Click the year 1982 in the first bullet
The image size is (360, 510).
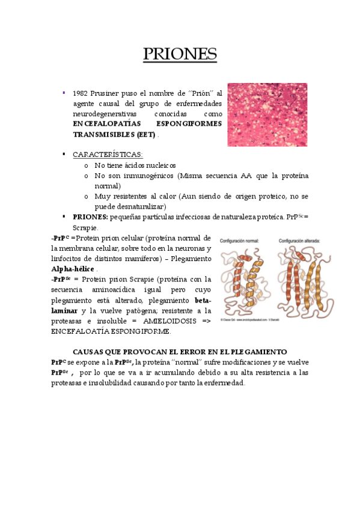(x=81, y=93)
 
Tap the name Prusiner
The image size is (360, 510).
(x=115, y=93)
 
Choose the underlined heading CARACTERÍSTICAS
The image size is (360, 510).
(x=108, y=155)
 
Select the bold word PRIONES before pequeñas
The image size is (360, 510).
(x=90, y=217)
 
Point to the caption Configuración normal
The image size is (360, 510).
(x=239, y=241)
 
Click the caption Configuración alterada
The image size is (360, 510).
(x=299, y=241)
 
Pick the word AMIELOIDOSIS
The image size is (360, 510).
(x=170, y=321)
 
